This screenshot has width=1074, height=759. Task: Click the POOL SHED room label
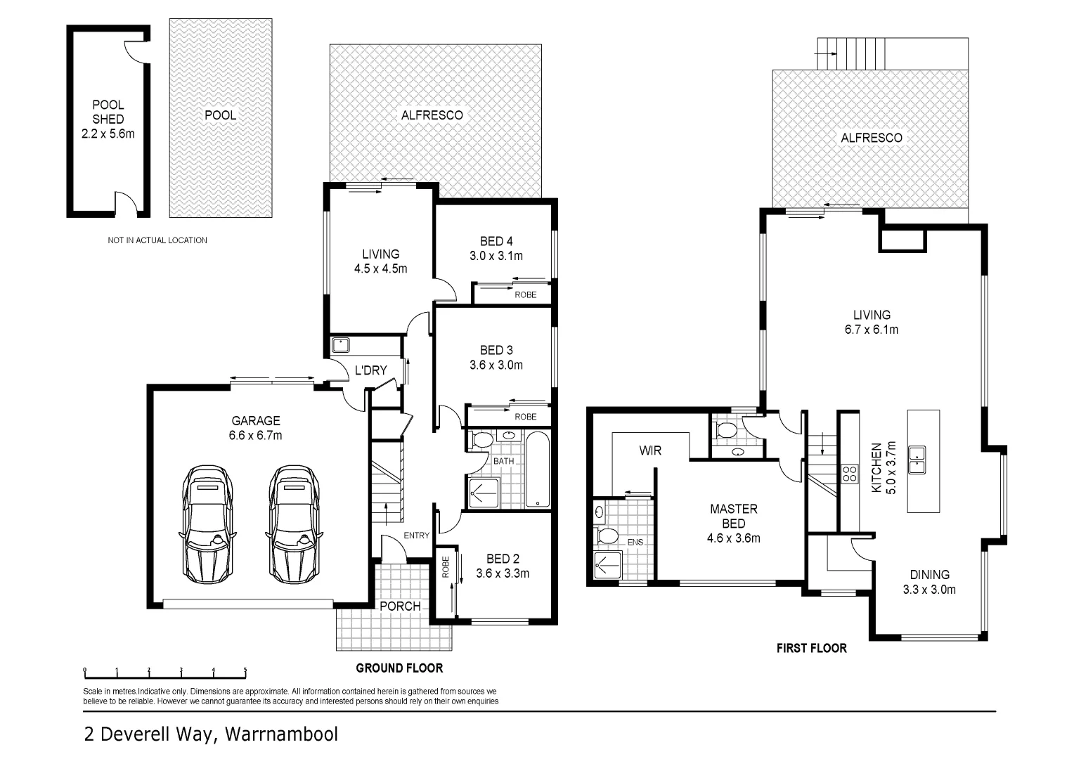click(x=108, y=112)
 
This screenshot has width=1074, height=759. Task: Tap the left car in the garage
click(x=207, y=524)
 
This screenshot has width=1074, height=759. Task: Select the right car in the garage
click(x=293, y=524)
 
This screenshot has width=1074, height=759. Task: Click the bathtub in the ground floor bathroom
click(x=538, y=469)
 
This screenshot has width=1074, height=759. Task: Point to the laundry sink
click(x=340, y=345)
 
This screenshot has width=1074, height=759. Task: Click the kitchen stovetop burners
click(x=850, y=474)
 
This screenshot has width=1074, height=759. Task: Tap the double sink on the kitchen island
click(x=917, y=460)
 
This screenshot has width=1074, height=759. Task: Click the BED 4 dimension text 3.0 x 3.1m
click(x=496, y=256)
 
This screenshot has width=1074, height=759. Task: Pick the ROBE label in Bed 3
click(x=526, y=417)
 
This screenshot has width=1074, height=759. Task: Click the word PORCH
click(x=401, y=606)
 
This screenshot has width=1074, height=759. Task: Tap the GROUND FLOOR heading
click(x=399, y=668)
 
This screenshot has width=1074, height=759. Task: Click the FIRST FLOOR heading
click(x=812, y=648)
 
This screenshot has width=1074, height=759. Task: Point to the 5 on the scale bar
click(x=245, y=670)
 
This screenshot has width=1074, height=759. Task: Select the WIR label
click(x=650, y=450)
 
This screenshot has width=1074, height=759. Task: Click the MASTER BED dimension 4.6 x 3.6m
click(x=734, y=538)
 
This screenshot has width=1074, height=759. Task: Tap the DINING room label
click(x=930, y=574)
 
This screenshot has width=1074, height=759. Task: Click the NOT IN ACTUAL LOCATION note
click(x=157, y=240)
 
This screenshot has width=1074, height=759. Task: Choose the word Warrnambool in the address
click(x=281, y=734)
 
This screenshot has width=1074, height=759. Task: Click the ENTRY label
click(x=417, y=536)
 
